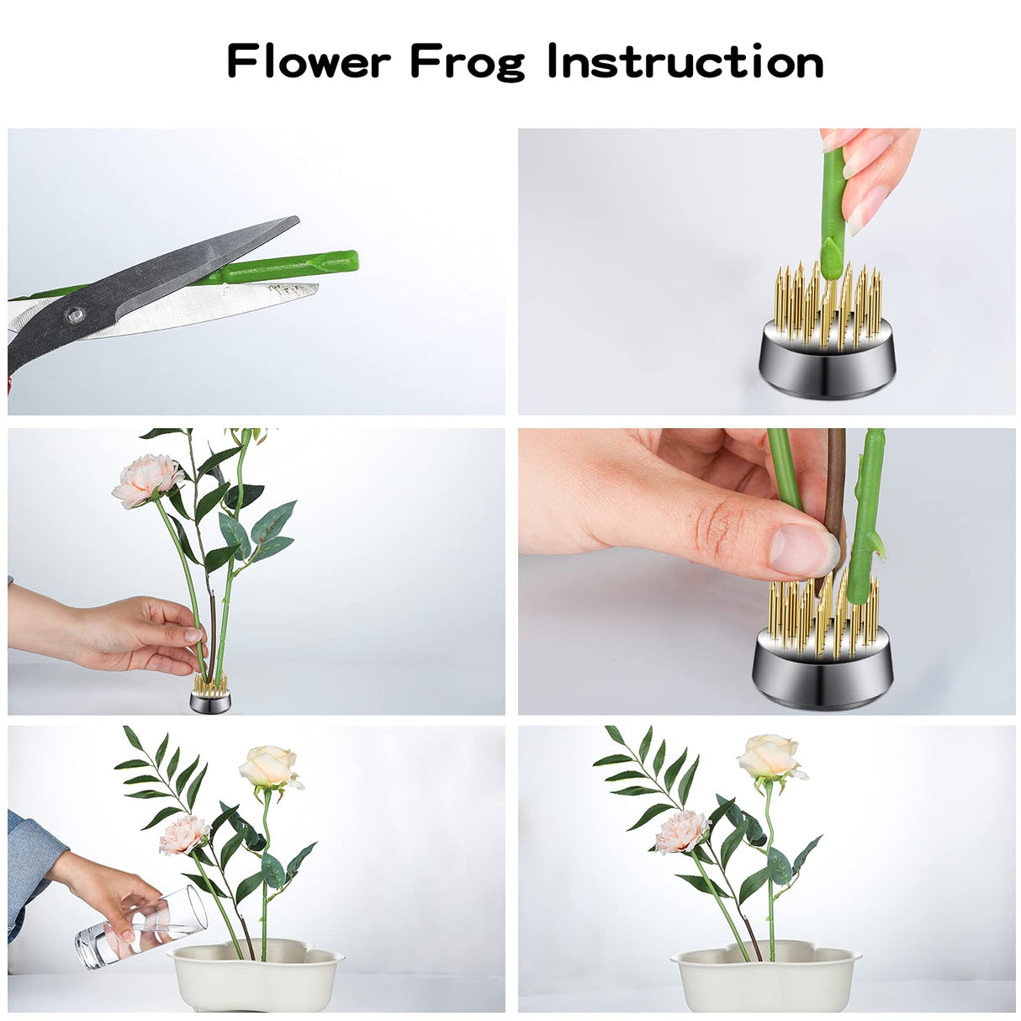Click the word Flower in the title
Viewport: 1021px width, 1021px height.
click(309, 62)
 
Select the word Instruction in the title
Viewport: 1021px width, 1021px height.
click(685, 62)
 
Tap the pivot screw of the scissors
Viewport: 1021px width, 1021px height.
click(76, 315)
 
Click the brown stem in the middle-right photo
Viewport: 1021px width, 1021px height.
click(835, 488)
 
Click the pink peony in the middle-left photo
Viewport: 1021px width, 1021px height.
click(146, 480)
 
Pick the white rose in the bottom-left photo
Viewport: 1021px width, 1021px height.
click(270, 766)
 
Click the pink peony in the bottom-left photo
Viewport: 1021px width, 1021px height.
click(183, 834)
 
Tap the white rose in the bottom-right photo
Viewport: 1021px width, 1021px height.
click(770, 756)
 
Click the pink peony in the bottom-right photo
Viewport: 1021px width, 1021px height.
click(681, 832)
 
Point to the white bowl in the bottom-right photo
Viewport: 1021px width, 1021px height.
click(765, 981)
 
